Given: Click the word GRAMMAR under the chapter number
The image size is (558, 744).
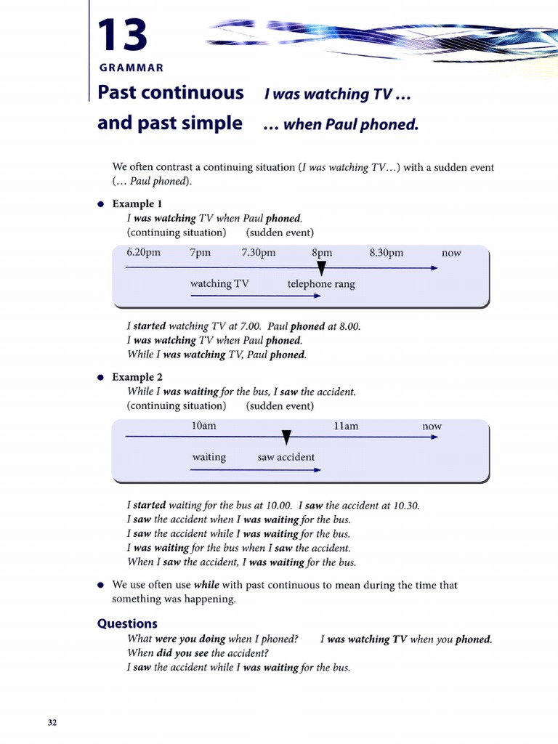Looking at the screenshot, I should pos(131,68).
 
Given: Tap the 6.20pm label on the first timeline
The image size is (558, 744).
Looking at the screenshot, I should pos(143,253).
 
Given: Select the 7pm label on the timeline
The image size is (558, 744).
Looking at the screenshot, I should pos(201,253).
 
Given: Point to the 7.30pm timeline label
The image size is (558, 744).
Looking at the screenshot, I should pos(259,253).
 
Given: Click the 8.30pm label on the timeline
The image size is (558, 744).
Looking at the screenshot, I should pos(386,253).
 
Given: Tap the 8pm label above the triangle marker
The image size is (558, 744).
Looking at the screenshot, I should pos(322,253).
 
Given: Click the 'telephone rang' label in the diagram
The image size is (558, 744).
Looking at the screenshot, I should pos(321,284).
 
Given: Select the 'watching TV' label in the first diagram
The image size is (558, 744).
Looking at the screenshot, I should pos(219,283).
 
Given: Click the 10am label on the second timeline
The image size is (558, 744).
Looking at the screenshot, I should pos(203,426).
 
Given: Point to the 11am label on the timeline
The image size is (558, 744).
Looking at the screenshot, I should pos(346,426).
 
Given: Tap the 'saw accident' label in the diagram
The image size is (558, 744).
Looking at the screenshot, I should pos(286,457).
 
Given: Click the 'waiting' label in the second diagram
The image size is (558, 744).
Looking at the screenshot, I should pos(209,457).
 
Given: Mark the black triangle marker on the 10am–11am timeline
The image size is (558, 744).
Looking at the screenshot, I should pos(286,437).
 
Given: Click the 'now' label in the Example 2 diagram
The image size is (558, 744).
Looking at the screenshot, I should pos(432,426).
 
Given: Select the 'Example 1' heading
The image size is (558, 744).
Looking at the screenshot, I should pos(137,204).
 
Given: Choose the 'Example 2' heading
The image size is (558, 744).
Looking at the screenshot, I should pos(137,377).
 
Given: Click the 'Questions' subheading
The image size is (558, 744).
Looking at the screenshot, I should pos(127,623).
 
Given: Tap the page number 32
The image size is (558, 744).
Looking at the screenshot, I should pos(52,722).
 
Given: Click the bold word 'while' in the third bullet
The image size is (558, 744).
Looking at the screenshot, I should pos(206,585).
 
